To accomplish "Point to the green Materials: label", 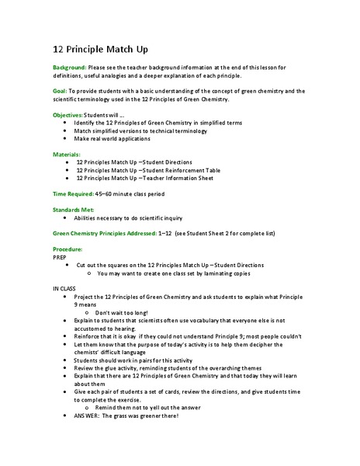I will click(x=66, y=155).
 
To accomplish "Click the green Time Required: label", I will click(x=72, y=193).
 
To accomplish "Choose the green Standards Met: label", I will click(x=74, y=210).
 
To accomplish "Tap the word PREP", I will click(x=60, y=257).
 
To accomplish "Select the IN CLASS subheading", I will click(x=65, y=289).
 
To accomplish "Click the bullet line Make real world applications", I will click(x=117, y=138).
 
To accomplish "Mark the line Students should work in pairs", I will click(x=136, y=360).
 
